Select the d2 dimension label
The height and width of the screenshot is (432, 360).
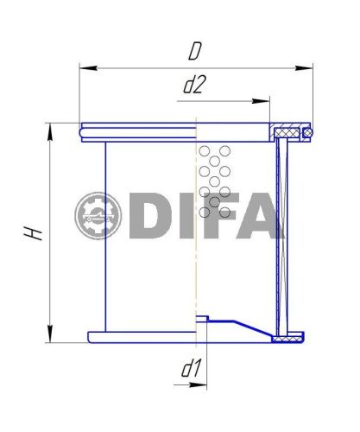tap(194, 85)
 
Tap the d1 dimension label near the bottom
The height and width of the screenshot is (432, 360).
tap(191, 368)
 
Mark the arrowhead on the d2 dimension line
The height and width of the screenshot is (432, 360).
tap(264, 101)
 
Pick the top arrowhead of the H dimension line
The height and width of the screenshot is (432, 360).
tap(50, 129)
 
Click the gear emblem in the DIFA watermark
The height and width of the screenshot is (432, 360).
tap(98, 215)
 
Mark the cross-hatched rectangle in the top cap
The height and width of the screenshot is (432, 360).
tap(286, 132)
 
